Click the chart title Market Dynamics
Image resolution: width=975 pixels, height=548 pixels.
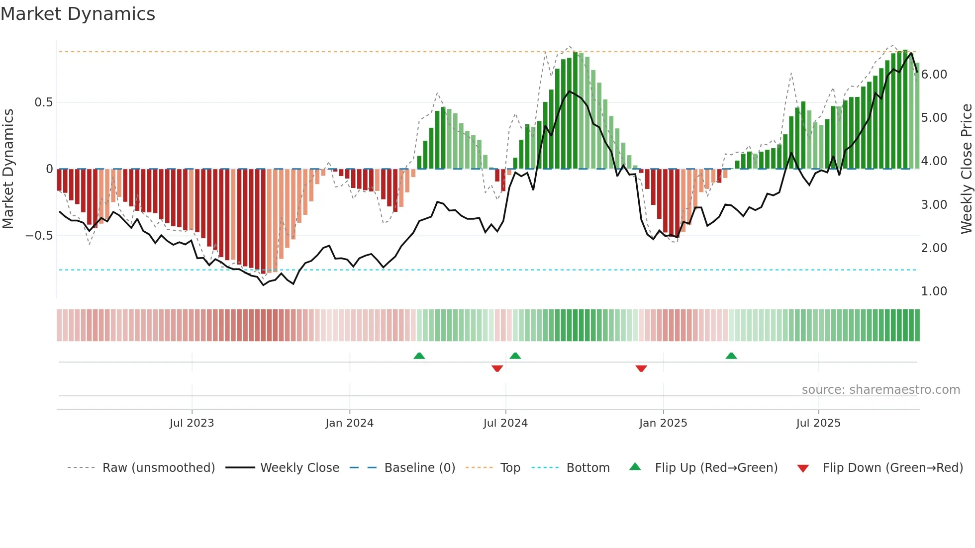pos(78,14)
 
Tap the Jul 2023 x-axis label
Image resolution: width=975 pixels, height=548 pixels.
pos(192,423)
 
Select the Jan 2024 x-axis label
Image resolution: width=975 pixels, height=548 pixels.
pos(349,423)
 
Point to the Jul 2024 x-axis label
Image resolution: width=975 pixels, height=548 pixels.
pos(505,423)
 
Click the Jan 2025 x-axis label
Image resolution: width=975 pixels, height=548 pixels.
pos(663,423)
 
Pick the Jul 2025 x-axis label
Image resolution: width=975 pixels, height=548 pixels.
pos(818,423)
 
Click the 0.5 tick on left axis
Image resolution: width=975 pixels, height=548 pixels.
pos(43,102)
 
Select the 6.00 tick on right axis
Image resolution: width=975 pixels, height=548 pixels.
pos(934,75)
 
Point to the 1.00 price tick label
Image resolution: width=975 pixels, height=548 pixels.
pos(934,291)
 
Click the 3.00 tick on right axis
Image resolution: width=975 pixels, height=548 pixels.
pos(934,205)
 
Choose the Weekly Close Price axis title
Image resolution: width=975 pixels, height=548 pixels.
pos(966,169)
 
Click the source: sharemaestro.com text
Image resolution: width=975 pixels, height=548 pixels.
pos(880,390)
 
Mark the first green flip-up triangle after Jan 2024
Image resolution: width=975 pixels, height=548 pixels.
pos(419,356)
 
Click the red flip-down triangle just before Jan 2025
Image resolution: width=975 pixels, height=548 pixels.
pos(641,368)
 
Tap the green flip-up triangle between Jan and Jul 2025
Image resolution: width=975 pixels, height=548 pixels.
pos(731,356)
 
